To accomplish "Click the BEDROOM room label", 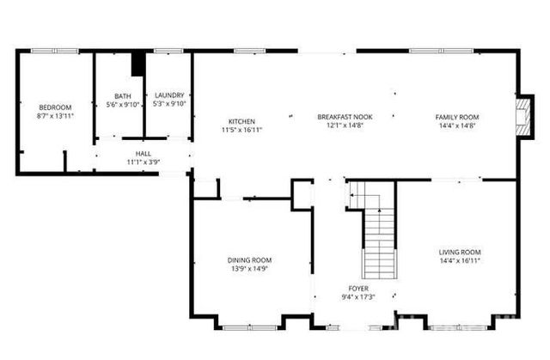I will (54, 107).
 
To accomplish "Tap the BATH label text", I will (123, 96).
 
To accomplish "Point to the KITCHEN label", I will (241, 121).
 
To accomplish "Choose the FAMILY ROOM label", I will (456, 117).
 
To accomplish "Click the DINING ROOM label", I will (249, 260).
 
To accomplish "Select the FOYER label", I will (358, 289).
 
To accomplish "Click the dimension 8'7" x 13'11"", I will (54, 115).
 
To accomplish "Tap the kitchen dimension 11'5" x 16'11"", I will (241, 130).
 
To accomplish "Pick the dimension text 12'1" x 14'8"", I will (344, 125).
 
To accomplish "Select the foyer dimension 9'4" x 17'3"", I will (358, 297).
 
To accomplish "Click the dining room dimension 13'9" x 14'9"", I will (249, 269).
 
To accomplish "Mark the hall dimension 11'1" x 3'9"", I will (143, 162).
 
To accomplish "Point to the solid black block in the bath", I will (137, 64).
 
